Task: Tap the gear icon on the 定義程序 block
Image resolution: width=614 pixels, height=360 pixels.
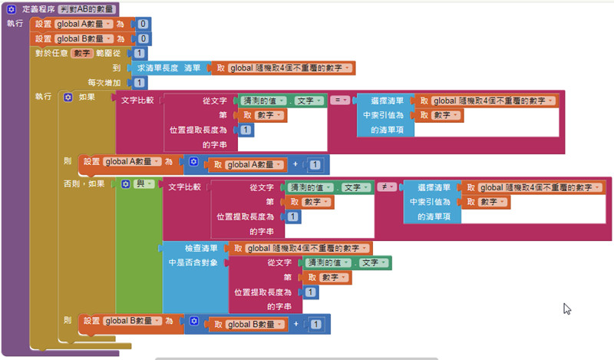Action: click(x=12, y=8)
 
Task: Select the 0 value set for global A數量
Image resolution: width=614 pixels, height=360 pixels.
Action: click(x=144, y=24)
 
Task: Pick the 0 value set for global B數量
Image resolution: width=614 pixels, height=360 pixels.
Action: click(x=144, y=38)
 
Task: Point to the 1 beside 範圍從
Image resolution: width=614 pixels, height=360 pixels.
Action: click(x=139, y=54)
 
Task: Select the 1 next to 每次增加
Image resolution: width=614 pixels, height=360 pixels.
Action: click(x=139, y=83)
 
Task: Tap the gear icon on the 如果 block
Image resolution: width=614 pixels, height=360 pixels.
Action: click(x=68, y=97)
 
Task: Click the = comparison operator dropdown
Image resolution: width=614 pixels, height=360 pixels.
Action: click(x=340, y=101)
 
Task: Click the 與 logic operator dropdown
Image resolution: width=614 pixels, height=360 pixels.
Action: click(x=143, y=185)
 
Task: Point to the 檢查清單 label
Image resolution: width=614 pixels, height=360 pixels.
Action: click(x=202, y=249)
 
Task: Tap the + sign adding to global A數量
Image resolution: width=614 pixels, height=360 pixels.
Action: click(x=294, y=164)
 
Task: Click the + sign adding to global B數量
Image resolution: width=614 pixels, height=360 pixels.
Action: click(x=294, y=325)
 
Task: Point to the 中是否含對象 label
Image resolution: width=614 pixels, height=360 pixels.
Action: click(x=194, y=263)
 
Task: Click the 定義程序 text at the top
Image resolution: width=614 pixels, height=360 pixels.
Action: click(x=37, y=8)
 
